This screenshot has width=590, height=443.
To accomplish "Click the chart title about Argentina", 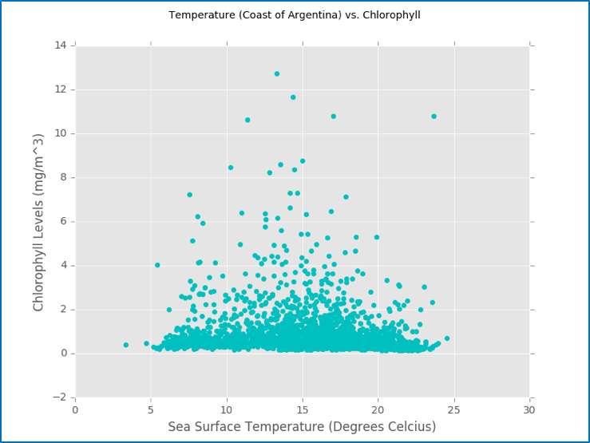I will (295, 15).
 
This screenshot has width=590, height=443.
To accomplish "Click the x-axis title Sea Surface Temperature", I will (302, 427).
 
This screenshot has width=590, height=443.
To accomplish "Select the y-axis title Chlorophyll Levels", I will (39, 222).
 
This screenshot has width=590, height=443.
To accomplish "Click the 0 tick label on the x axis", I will (75, 409).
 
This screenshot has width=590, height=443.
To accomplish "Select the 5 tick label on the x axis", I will (151, 409).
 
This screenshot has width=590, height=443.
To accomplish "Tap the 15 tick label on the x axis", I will (303, 409).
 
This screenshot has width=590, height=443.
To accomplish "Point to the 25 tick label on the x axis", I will (454, 409).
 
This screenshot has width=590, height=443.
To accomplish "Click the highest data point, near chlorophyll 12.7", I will (277, 73).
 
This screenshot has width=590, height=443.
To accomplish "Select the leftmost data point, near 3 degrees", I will (126, 345).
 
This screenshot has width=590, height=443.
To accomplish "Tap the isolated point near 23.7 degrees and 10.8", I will (434, 116).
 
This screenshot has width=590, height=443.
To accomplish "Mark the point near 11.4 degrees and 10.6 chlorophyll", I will (247, 120).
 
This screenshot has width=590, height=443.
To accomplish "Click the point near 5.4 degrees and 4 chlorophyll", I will (157, 265).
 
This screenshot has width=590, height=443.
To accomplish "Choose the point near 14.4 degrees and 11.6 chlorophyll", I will (293, 97).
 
